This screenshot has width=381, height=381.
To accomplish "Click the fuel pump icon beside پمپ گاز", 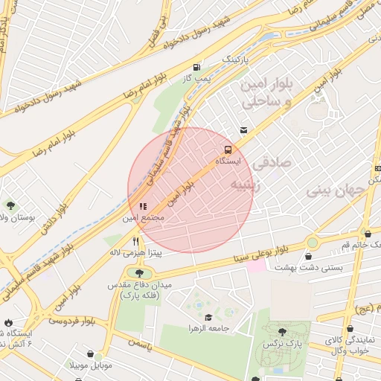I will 196,65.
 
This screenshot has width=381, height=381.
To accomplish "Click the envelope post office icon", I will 243,130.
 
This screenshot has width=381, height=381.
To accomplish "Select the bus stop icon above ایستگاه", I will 228,148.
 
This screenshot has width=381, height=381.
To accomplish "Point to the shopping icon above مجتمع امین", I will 143,206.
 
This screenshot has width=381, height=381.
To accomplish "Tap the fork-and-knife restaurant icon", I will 135,240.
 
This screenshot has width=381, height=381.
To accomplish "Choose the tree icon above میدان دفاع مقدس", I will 138,274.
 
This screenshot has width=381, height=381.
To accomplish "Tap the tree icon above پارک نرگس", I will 282,332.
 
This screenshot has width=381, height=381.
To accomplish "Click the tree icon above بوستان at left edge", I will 11,205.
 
